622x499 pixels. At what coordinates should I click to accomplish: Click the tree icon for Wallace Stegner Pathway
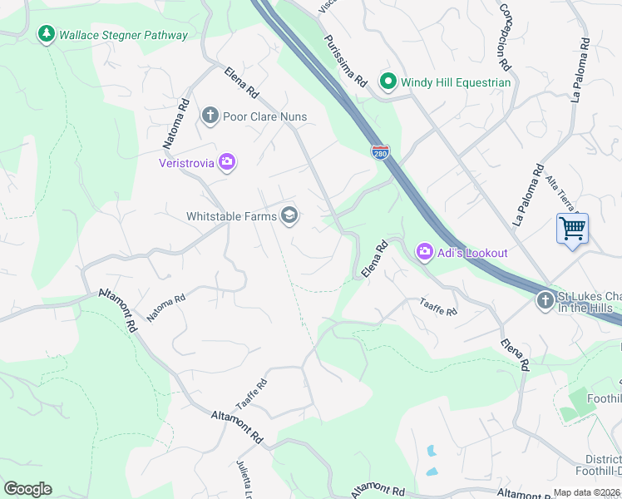(46, 34)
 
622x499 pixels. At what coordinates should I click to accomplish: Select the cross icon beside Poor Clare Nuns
(210, 116)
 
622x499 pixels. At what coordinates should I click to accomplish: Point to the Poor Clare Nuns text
(264, 116)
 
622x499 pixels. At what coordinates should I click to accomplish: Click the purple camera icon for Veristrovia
(227, 162)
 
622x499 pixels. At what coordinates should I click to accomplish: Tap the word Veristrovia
(187, 162)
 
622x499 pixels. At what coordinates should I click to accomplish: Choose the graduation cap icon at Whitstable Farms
(289, 216)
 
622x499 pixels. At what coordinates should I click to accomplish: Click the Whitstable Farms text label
(230, 216)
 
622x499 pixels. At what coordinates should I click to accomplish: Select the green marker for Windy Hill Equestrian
(388, 82)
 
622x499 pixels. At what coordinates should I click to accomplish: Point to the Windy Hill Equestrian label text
(456, 82)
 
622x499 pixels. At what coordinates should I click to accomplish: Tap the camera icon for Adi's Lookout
(425, 251)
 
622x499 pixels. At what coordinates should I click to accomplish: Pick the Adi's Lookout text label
(472, 252)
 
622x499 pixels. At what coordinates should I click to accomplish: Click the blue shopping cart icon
(572, 227)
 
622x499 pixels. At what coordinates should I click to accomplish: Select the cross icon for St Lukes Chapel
(545, 299)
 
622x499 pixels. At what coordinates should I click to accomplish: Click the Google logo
(27, 489)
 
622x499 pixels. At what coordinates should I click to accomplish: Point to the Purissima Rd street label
(346, 62)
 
